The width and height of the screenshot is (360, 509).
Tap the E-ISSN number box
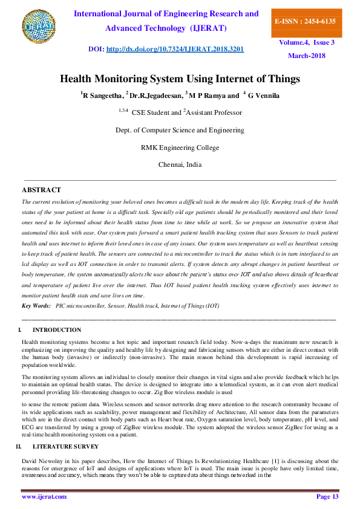[x=305, y=21]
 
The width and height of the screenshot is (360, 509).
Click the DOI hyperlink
[x=175, y=49]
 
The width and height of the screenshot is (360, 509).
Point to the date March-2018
[x=307, y=56]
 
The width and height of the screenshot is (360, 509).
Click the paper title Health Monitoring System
[x=180, y=79]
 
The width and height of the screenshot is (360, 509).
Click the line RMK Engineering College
[x=180, y=147]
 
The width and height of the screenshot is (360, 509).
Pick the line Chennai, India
[x=180, y=164]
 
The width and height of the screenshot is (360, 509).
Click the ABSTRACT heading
[x=41, y=190]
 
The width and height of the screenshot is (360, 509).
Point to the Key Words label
[x=36, y=306]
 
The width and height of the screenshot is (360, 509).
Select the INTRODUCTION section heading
[x=57, y=330]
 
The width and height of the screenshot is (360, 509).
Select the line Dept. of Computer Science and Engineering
[x=180, y=130]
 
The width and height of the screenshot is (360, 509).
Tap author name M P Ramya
[x=206, y=96]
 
